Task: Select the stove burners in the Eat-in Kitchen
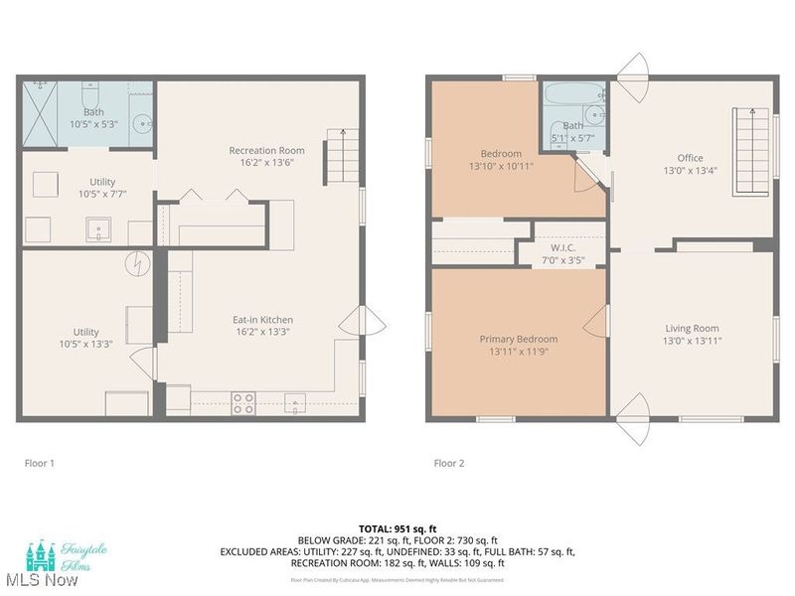242,402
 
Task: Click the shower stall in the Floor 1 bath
43,114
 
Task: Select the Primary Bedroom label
516,339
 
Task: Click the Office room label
690,158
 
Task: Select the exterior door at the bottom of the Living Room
632,427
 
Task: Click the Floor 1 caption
40,463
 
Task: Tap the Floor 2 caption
449,463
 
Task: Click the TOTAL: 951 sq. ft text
397,528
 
